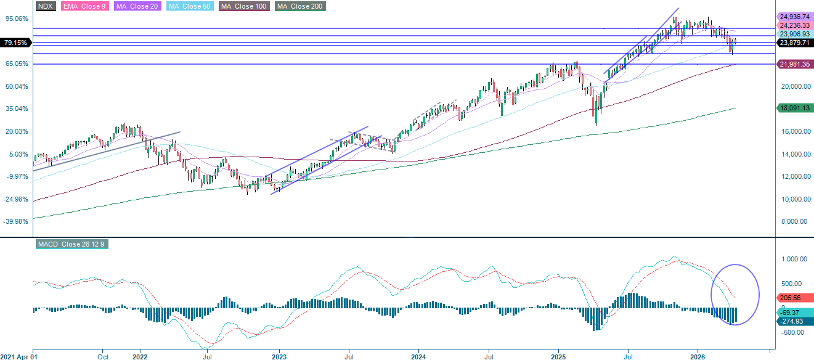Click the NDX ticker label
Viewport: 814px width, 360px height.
coord(46,6)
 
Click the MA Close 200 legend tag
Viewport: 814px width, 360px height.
coord(300,6)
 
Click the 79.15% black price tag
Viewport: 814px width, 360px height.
coord(15,43)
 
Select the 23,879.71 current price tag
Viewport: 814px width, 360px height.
coord(794,43)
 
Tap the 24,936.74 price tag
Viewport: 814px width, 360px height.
coord(794,17)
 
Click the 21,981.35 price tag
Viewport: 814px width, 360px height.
coord(794,64)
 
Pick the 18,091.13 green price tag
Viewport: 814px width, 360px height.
coord(794,108)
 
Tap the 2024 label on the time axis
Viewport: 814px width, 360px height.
coord(418,356)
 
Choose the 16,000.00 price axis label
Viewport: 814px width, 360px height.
coord(794,131)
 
